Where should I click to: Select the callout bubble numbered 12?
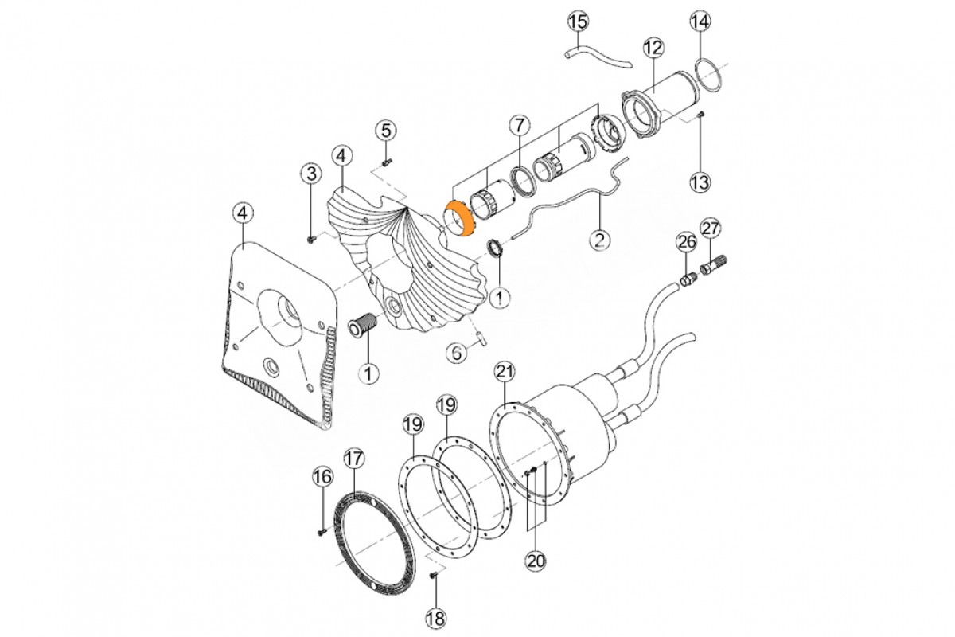pyautogui.click(x=653, y=48)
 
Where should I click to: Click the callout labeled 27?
pyautogui.click(x=711, y=229)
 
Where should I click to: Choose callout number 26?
pyautogui.click(x=686, y=241)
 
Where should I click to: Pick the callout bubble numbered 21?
pyautogui.click(x=505, y=371)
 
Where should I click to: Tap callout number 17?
pyautogui.click(x=353, y=459)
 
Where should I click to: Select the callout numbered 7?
pyautogui.click(x=519, y=125)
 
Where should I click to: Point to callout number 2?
pyautogui.click(x=598, y=237)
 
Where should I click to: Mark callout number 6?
pyautogui.click(x=456, y=351)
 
